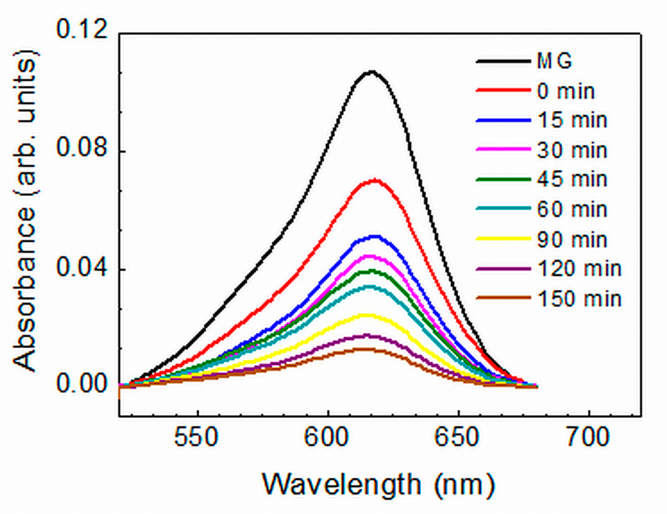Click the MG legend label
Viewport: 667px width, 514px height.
554,61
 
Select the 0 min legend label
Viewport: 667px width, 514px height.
566,91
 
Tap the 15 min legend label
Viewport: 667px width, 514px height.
572,120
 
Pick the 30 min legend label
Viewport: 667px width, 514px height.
572,150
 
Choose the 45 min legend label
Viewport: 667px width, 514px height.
572,179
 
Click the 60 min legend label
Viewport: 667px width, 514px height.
572,209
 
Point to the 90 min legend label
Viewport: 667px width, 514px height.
572,240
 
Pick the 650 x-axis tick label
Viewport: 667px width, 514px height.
457,438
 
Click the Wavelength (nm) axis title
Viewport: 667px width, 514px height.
379,485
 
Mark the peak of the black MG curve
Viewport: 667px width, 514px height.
371,72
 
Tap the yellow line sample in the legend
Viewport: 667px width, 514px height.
503,239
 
